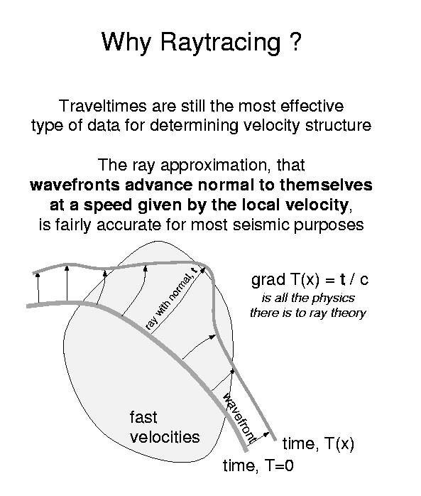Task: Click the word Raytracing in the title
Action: (221, 43)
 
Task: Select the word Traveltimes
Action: (103, 106)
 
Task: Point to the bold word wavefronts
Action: (75, 185)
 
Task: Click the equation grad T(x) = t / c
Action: (310, 280)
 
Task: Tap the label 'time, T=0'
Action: (258, 465)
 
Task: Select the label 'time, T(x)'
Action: (318, 443)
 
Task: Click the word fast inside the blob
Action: (143, 417)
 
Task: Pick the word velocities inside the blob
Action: (165, 437)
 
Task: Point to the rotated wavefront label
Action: (239, 418)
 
